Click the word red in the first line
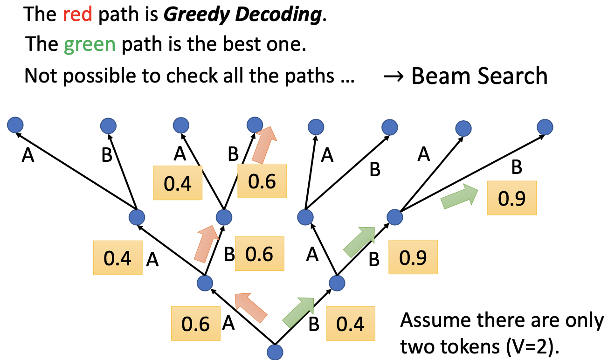[x=78, y=14]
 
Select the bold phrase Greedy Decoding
[x=242, y=14]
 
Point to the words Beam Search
[x=479, y=76]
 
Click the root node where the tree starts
[x=275, y=352]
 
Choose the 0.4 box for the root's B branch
[x=350, y=324]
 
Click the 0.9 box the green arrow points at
[x=511, y=198]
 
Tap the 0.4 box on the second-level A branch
[x=118, y=258]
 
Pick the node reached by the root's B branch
[x=336, y=283]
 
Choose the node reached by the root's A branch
[x=205, y=283]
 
